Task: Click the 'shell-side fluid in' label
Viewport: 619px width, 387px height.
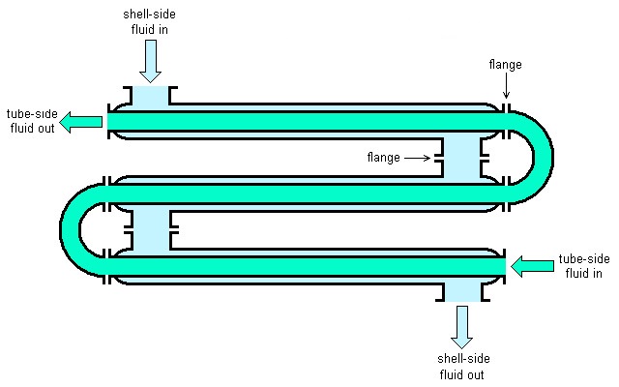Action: pos(149,21)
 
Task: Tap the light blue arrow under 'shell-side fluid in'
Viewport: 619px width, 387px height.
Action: pos(151,61)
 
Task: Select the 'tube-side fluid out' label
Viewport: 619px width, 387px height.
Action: pos(32,121)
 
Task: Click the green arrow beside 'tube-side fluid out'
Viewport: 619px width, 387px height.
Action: pos(80,122)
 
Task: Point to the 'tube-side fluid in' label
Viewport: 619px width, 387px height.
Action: pos(584,266)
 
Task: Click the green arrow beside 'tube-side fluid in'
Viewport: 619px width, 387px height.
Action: pos(532,266)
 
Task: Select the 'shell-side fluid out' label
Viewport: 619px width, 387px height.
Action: pos(463,367)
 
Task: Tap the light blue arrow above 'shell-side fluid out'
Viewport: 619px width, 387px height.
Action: pos(461,327)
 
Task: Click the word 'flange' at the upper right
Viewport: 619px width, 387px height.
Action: pos(505,65)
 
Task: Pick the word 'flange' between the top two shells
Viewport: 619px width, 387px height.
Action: pos(383,158)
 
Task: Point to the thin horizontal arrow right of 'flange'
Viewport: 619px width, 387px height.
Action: pos(417,158)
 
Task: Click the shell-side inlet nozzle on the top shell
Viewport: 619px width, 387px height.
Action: pos(151,98)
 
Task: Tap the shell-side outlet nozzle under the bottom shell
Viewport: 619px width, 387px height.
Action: pos(462,292)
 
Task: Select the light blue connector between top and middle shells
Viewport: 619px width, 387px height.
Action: pos(462,158)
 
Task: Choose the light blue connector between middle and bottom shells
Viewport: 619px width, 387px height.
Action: pos(151,230)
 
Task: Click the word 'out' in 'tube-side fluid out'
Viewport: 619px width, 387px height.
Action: pos(45,128)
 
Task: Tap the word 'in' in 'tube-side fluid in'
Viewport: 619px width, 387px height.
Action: pos(596,273)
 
